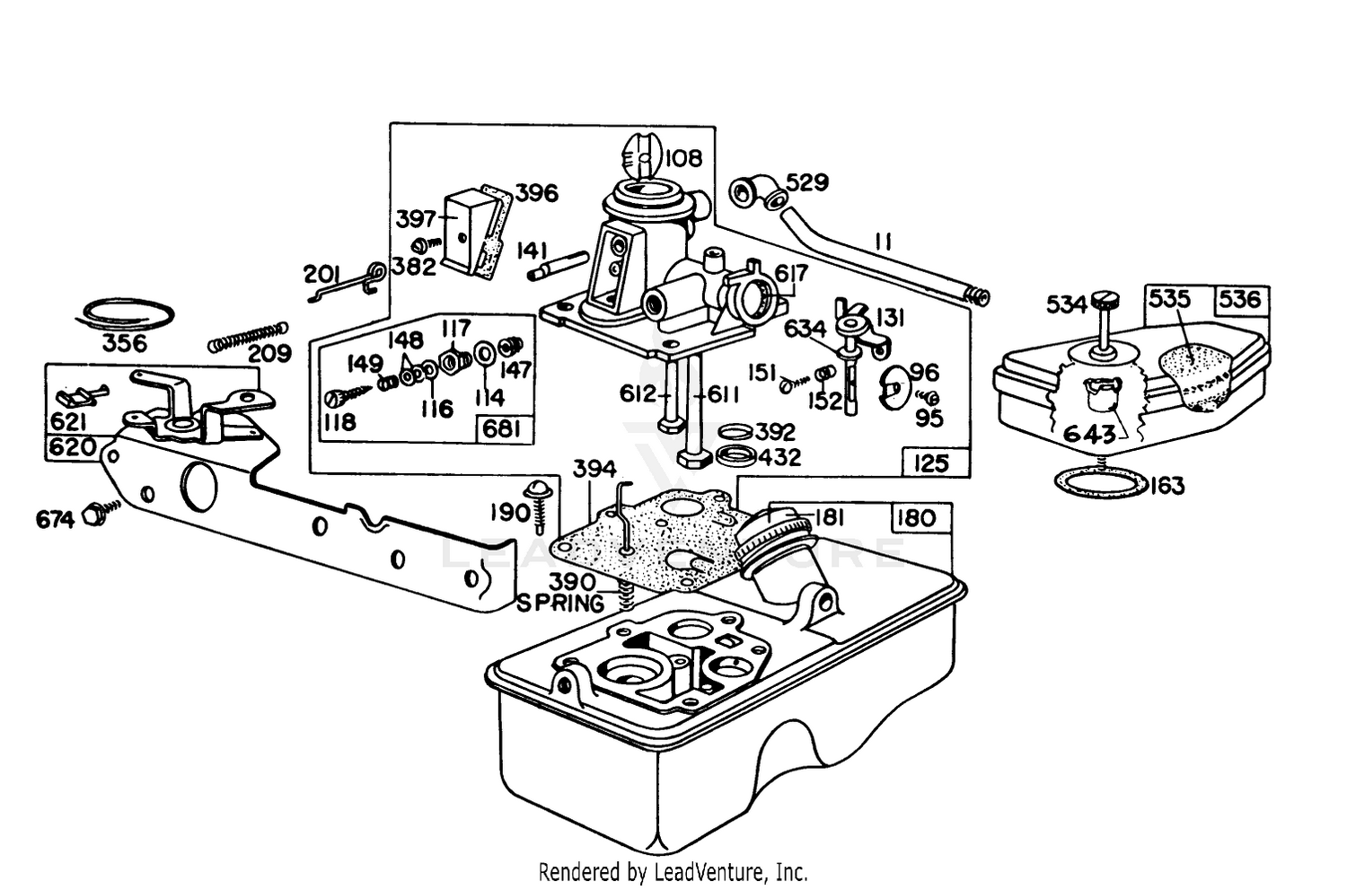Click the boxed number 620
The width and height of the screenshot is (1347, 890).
pyautogui.click(x=72, y=448)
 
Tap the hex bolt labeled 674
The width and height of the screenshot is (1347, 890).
pyautogui.click(x=99, y=515)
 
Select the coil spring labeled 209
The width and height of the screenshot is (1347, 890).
pyautogui.click(x=247, y=338)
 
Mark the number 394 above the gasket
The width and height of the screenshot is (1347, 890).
pyautogui.click(x=594, y=469)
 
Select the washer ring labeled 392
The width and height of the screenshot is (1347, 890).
pyautogui.click(x=735, y=431)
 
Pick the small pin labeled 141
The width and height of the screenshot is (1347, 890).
pyautogui.click(x=558, y=265)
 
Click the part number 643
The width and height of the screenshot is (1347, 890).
pyautogui.click(x=1089, y=434)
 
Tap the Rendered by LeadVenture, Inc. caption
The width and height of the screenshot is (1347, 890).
pyautogui.click(x=673, y=871)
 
